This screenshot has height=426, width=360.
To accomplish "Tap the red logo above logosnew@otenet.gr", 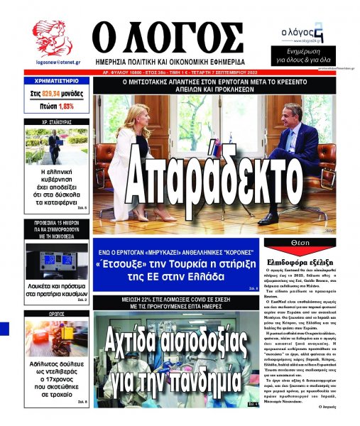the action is coord(51,35).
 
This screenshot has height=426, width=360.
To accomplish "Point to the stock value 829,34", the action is coord(55,93).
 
